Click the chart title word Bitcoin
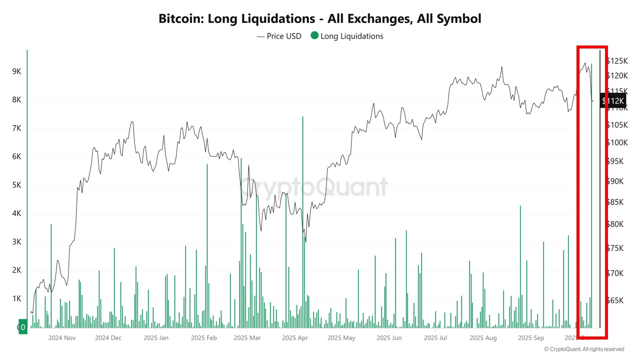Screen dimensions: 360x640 click(x=180, y=19)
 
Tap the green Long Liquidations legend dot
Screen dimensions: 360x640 click(x=314, y=35)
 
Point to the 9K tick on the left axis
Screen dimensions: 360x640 click(x=16, y=71)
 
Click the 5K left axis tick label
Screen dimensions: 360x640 click(x=16, y=185)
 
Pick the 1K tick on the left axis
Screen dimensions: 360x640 click(x=16, y=298)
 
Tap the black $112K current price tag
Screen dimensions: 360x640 click(x=613, y=101)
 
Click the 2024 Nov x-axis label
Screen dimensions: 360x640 click(x=61, y=337)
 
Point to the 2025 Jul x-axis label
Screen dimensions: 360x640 click(x=435, y=337)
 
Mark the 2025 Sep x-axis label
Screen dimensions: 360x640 click(x=531, y=337)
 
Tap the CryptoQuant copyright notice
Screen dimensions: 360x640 click(x=584, y=349)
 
